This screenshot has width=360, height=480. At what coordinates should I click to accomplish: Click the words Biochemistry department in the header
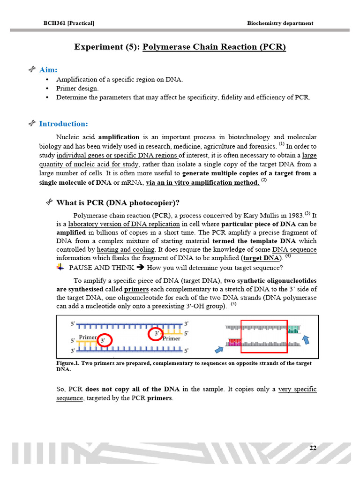click(x=280, y=23)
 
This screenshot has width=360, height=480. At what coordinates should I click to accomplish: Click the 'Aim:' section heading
click(x=48, y=69)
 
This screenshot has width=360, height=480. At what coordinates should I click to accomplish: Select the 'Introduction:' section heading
click(x=63, y=124)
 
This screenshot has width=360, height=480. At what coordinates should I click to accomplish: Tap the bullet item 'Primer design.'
click(x=77, y=88)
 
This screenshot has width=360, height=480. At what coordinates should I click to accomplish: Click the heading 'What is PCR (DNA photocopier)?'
click(x=118, y=202)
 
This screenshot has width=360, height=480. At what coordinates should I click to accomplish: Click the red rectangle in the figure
click(x=263, y=336)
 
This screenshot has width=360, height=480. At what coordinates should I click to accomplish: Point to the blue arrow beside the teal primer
click(x=306, y=339)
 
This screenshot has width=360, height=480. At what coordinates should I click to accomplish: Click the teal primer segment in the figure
click(x=292, y=329)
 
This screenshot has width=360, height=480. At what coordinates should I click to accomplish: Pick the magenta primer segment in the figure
click(x=234, y=342)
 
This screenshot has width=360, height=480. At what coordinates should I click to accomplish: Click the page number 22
click(x=313, y=448)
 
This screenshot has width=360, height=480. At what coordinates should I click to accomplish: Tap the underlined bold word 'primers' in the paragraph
click(x=136, y=289)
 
